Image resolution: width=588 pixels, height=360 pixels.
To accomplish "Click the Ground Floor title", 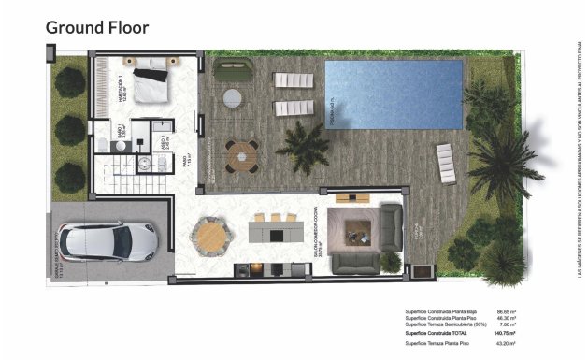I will pyautogui.click(x=96, y=27).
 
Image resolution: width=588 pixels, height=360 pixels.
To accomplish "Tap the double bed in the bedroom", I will pyautogui.click(x=151, y=82).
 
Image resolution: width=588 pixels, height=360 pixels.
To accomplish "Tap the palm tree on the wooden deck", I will pyautogui.click(x=303, y=145).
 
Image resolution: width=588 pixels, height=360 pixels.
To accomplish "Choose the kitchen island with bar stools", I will pyautogui.click(x=278, y=226).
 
